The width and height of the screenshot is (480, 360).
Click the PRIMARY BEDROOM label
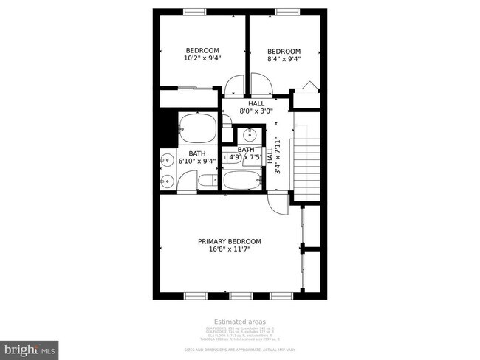click(x=229, y=241)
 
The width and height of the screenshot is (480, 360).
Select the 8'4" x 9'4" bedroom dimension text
click(x=284, y=58)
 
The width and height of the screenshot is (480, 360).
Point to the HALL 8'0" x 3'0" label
click(x=256, y=108)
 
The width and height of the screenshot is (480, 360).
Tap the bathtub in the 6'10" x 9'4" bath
click(x=197, y=129)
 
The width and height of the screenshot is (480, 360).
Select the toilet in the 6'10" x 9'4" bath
click(x=205, y=180)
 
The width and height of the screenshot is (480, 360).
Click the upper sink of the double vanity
click(x=168, y=159)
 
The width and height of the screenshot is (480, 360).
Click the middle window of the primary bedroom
click(x=240, y=295)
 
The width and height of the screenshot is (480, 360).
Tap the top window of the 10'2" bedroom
click(x=195, y=12)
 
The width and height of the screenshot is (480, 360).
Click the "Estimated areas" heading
click(x=239, y=322)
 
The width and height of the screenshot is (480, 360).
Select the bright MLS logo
click(x=30, y=347)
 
